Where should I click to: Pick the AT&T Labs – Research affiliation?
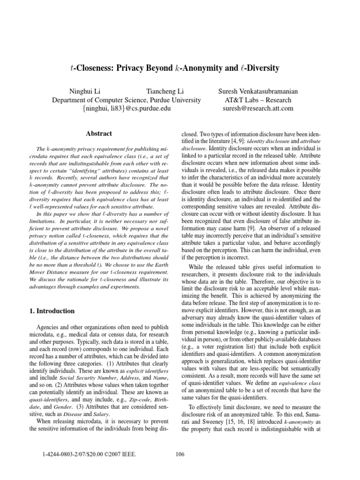(258, 100)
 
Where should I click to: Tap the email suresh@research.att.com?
(258, 109)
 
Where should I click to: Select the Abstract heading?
(99, 134)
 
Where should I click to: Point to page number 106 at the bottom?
(180, 453)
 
